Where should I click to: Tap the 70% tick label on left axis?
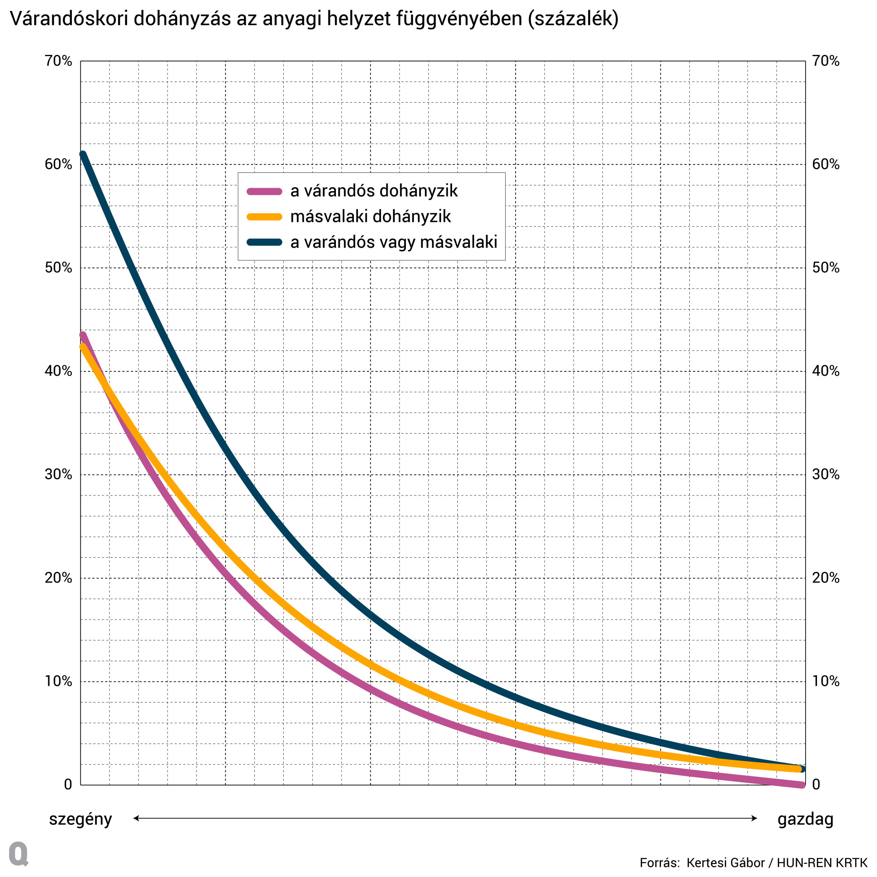(x=58, y=61)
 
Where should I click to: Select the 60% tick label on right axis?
(x=826, y=164)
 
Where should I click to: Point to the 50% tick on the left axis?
(x=58, y=268)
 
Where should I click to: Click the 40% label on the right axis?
(x=826, y=371)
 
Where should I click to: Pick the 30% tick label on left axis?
(x=58, y=474)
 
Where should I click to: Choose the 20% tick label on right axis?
(x=826, y=578)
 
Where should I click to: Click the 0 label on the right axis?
(x=816, y=784)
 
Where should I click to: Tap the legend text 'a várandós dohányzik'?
(x=374, y=191)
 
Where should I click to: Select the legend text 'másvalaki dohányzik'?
(x=371, y=217)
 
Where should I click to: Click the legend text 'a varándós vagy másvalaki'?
(x=394, y=242)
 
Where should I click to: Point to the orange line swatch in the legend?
(x=264, y=217)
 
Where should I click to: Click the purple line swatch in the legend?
(x=264, y=192)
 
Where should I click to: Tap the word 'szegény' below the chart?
(x=80, y=820)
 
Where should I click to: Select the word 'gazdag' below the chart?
(x=805, y=820)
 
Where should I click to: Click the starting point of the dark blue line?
(x=82, y=154)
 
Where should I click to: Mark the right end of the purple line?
(x=802, y=785)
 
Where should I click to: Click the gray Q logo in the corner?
(x=18, y=854)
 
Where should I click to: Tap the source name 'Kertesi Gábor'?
(x=725, y=863)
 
